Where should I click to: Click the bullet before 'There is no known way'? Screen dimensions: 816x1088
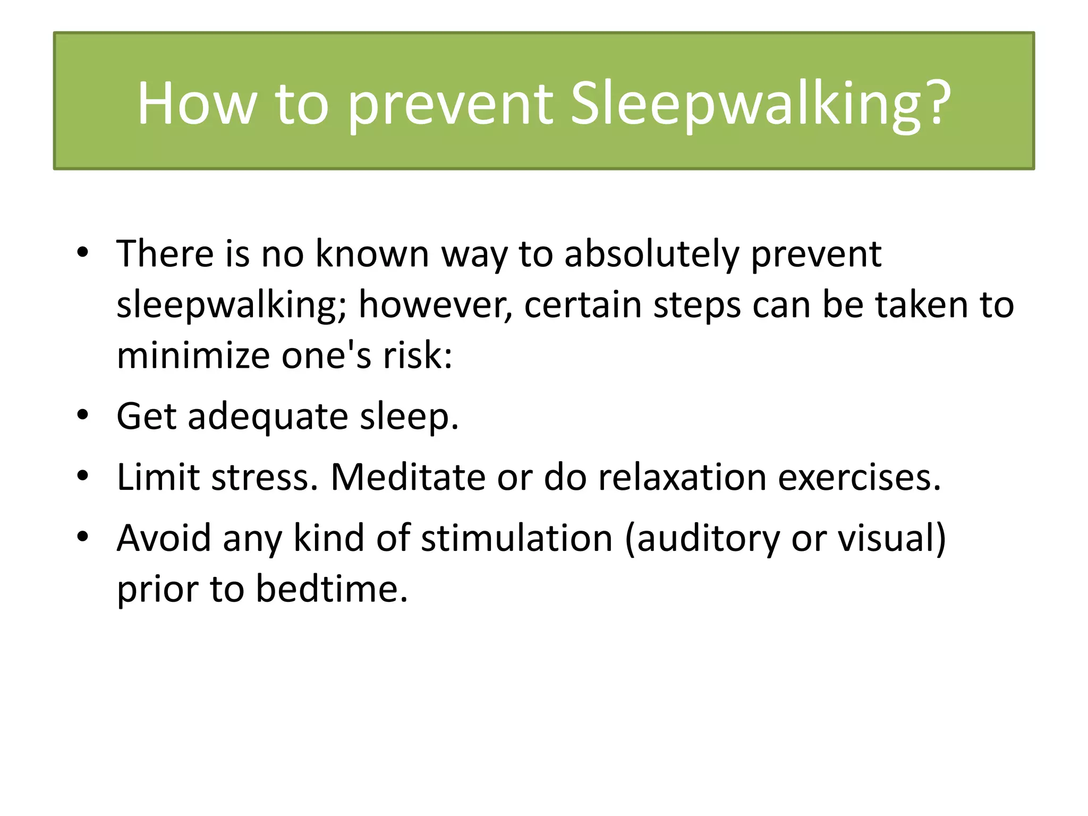click(x=82, y=252)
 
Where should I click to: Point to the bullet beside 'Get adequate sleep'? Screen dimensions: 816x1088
click(x=82, y=415)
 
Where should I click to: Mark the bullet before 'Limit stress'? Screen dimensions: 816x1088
click(x=82, y=475)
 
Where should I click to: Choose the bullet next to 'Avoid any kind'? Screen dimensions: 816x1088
click(x=82, y=537)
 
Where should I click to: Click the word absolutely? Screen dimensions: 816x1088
click(x=651, y=254)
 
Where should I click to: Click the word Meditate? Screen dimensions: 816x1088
click(x=408, y=477)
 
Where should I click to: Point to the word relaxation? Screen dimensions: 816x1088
click(x=682, y=477)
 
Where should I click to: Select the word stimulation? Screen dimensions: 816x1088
click(x=517, y=538)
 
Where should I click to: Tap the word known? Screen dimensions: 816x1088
click(x=372, y=254)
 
